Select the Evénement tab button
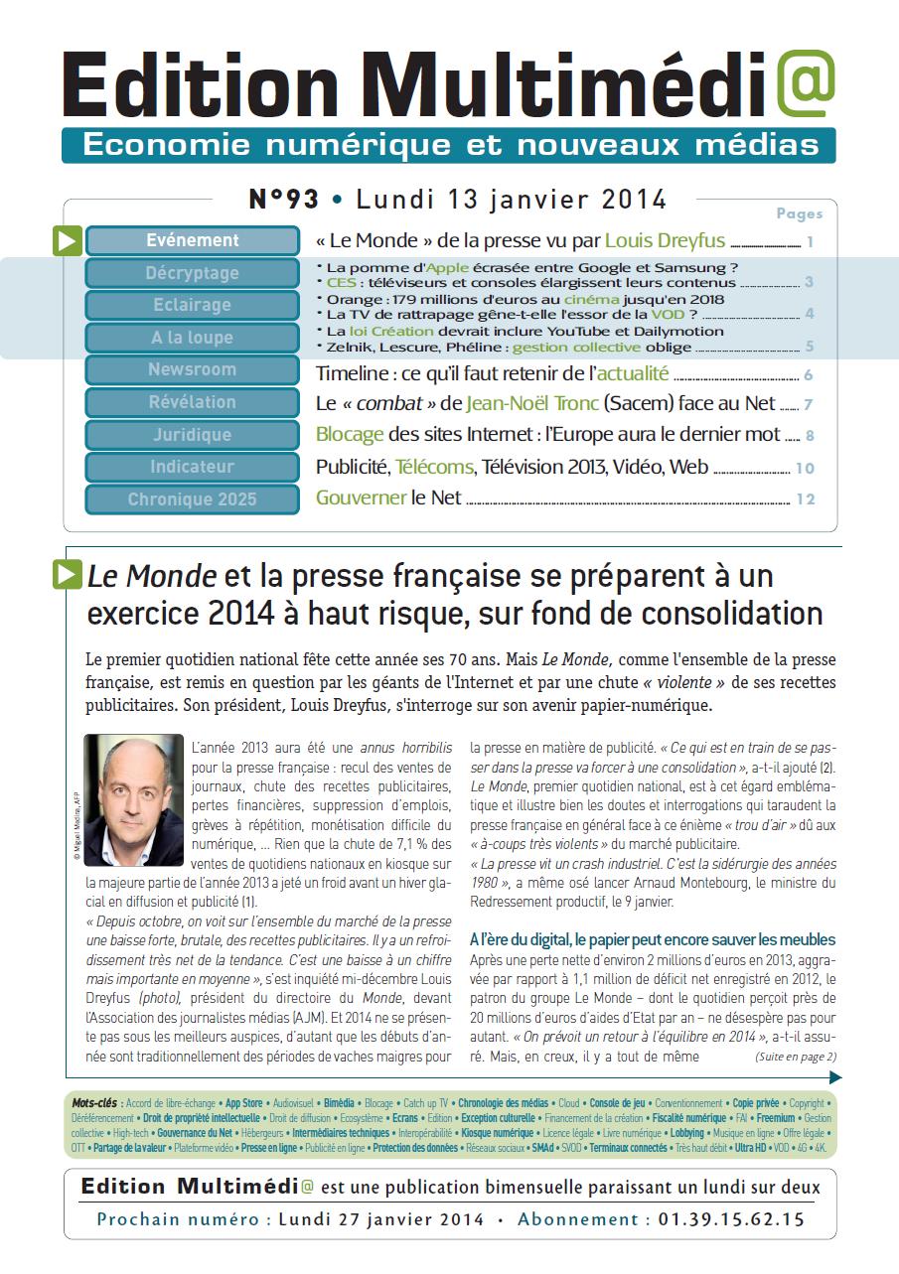[193, 240]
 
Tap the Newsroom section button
[193, 369]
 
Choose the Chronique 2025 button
[193, 499]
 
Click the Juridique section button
[193, 435]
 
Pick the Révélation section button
[193, 402]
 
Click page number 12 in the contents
[805, 499]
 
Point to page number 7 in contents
[810, 405]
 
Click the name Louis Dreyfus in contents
[665, 240]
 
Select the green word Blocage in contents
[349, 435]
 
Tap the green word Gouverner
[361, 498]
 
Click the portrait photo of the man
[134, 800]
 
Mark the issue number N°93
[283, 200]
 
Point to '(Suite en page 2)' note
[795, 1057]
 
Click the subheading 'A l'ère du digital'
[652, 939]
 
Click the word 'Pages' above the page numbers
[799, 213]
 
